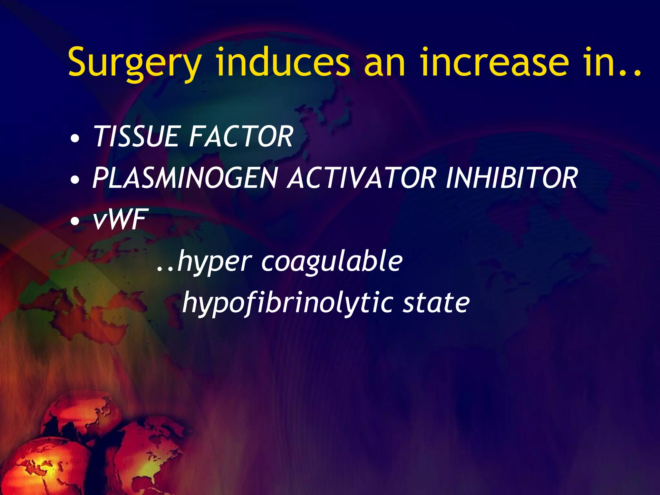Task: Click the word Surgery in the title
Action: [135, 63]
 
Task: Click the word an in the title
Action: [384, 66]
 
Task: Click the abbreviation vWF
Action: [119, 219]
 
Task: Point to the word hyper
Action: [214, 262]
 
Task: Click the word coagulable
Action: [332, 262]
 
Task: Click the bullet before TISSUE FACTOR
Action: [75, 139]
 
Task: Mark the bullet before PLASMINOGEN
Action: [75, 180]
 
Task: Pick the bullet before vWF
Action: [75, 221]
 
